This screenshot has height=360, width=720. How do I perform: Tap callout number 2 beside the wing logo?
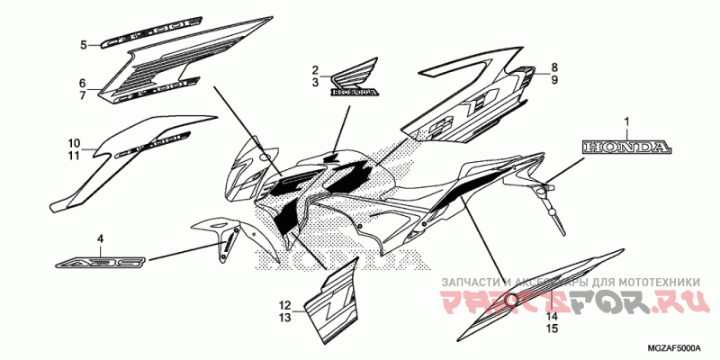point(316,70)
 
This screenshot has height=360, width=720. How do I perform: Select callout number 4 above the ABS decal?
point(101,238)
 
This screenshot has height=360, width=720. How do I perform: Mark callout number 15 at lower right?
point(553,329)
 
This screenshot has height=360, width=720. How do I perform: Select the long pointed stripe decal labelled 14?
point(531,291)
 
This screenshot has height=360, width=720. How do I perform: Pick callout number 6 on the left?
point(83,82)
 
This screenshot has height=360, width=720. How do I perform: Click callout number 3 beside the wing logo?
point(316,83)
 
